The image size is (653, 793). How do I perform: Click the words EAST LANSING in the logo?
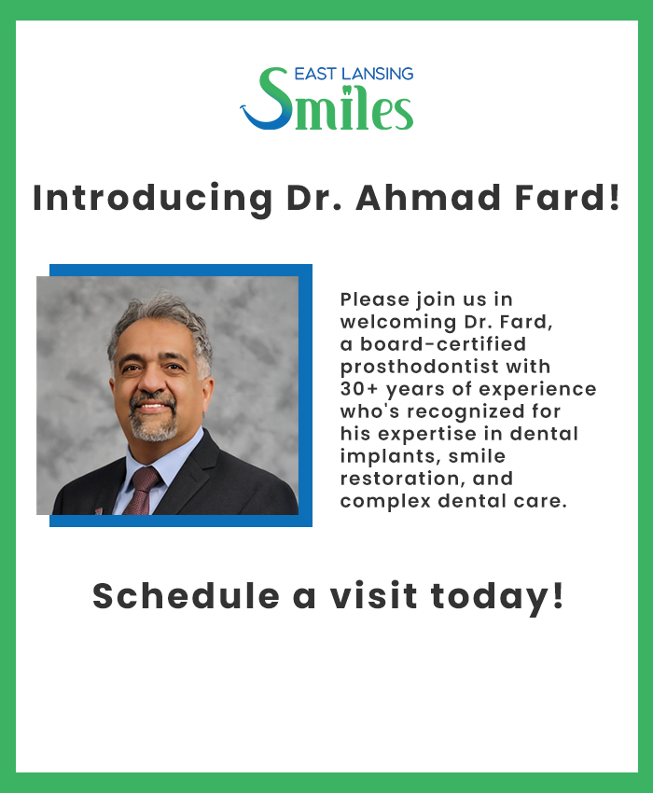(354, 74)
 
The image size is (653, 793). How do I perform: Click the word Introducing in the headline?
(152, 199)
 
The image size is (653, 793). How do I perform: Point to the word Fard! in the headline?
(567, 197)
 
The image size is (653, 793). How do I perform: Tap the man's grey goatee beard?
(153, 422)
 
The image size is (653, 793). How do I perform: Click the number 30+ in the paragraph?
(359, 389)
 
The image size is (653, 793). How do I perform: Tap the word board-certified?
(442, 344)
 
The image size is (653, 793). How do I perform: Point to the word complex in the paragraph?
(385, 501)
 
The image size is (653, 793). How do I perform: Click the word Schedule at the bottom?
(186, 595)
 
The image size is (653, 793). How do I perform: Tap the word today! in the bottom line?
(496, 597)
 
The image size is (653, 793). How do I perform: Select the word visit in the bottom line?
(374, 595)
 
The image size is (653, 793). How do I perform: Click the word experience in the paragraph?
(537, 390)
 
